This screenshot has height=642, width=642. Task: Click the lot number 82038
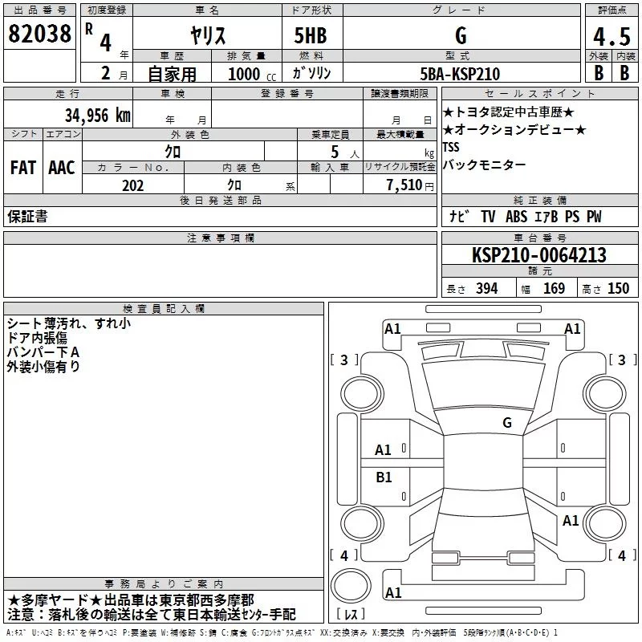coord(39,35)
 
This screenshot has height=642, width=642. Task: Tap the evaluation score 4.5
coord(611,37)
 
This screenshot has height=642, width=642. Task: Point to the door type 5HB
coord(311,35)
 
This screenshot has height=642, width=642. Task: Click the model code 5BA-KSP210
coord(460,74)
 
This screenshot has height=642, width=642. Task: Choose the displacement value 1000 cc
coord(245,74)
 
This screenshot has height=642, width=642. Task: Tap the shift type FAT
coord(22,168)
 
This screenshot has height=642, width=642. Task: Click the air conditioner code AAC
coord(61,168)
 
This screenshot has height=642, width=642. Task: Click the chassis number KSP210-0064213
coord(538,255)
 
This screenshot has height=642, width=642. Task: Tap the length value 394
coord(487,289)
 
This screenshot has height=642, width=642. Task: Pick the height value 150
coord(618,289)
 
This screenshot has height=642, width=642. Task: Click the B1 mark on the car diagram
coord(384,477)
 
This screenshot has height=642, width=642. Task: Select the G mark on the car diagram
coord(506,422)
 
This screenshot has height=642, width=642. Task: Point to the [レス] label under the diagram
coord(351,615)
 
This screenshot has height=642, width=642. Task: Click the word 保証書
coord(27,217)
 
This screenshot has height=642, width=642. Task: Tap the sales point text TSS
coord(452,148)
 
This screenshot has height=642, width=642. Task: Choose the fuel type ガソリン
coord(311,73)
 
